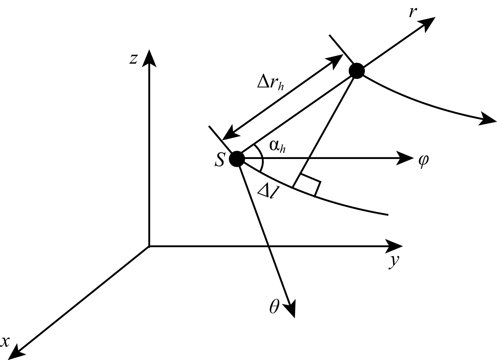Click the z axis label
[133, 59]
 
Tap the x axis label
[5, 342]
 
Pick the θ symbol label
[274, 307]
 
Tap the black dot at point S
[237, 159]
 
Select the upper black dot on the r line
[357, 71]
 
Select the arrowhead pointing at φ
[405, 159]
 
